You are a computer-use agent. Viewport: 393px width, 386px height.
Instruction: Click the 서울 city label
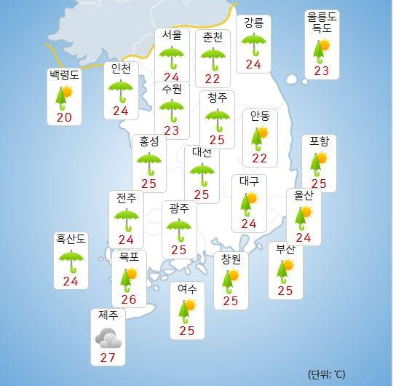(x=172, y=36)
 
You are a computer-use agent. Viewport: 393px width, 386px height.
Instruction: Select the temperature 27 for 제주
(x=108, y=358)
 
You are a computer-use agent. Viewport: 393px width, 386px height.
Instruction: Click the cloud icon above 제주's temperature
(x=108, y=336)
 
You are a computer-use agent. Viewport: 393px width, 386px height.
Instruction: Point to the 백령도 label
(x=65, y=74)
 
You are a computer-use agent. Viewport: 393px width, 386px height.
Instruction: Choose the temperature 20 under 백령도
(x=64, y=118)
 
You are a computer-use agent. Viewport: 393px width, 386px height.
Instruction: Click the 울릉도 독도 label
(x=322, y=23)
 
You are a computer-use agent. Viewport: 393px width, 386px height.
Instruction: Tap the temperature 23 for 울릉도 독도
(x=322, y=71)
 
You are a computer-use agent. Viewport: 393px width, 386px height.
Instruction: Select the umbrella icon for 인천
(x=122, y=91)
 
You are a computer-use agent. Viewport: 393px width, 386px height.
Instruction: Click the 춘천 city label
(x=213, y=36)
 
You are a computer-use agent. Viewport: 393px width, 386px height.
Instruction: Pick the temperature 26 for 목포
(x=128, y=299)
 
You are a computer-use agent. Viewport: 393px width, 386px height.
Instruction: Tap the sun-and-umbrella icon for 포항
(x=319, y=163)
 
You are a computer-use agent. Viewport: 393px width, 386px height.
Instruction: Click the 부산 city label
(x=285, y=250)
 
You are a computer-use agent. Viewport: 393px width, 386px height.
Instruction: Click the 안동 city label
(x=259, y=115)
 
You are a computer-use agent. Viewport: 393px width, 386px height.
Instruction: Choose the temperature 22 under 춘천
(x=213, y=77)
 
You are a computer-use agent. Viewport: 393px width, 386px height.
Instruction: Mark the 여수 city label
(x=188, y=288)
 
